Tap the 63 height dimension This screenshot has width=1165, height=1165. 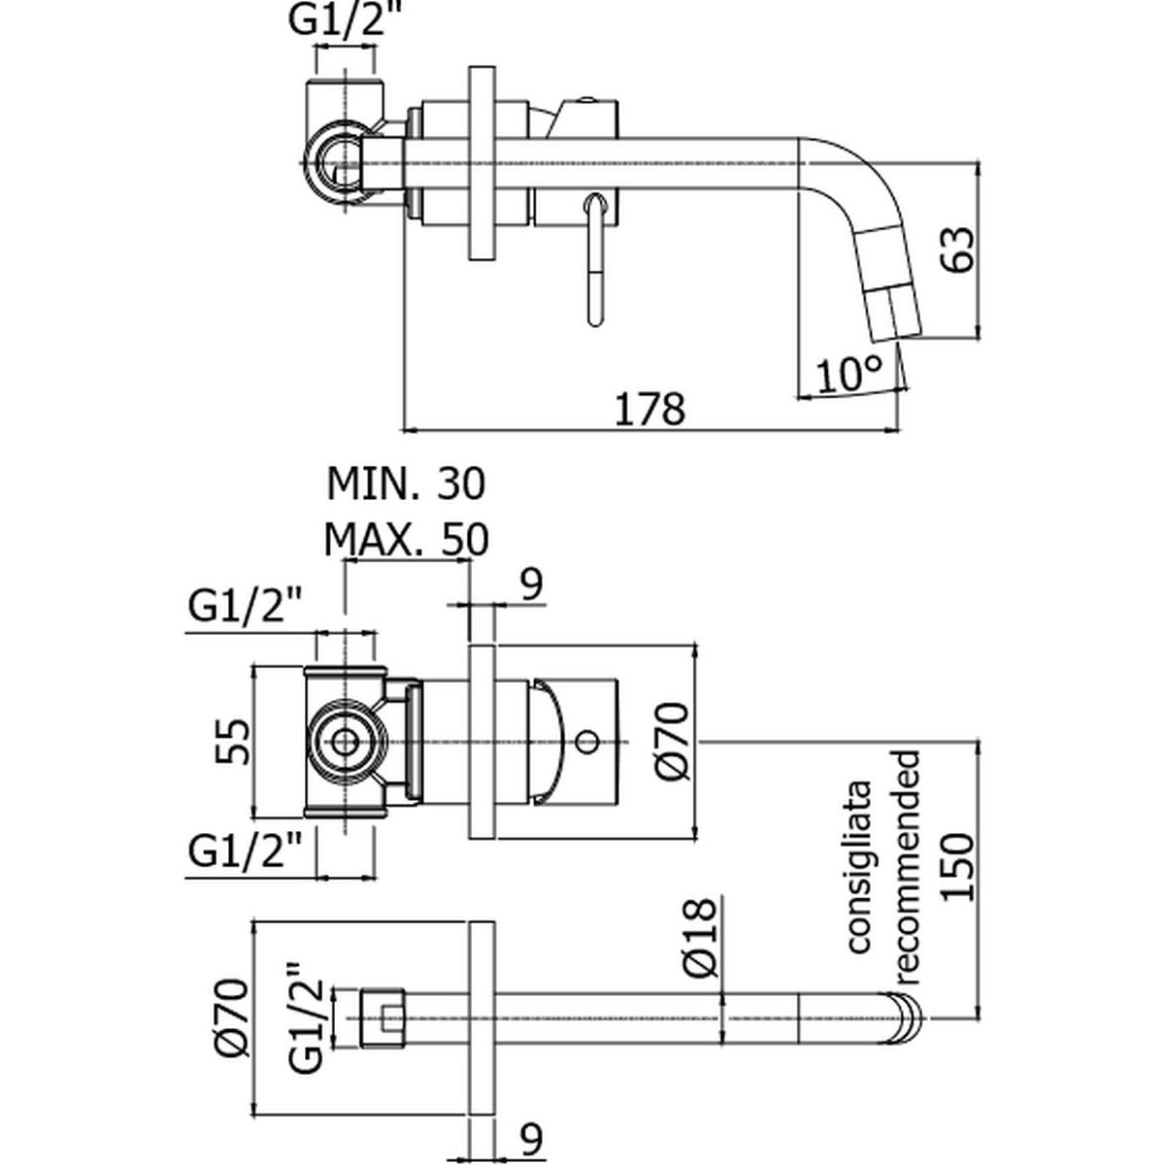tap(956, 250)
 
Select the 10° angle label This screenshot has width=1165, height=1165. tap(849, 373)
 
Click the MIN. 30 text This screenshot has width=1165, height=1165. tap(404, 483)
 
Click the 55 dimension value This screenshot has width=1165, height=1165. tap(235, 742)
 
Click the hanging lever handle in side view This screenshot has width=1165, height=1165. tap(596, 260)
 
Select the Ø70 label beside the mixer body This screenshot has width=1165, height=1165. tap(675, 743)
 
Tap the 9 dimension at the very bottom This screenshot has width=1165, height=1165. tap(530, 1135)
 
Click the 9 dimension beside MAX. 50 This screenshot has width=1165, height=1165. tap(530, 585)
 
